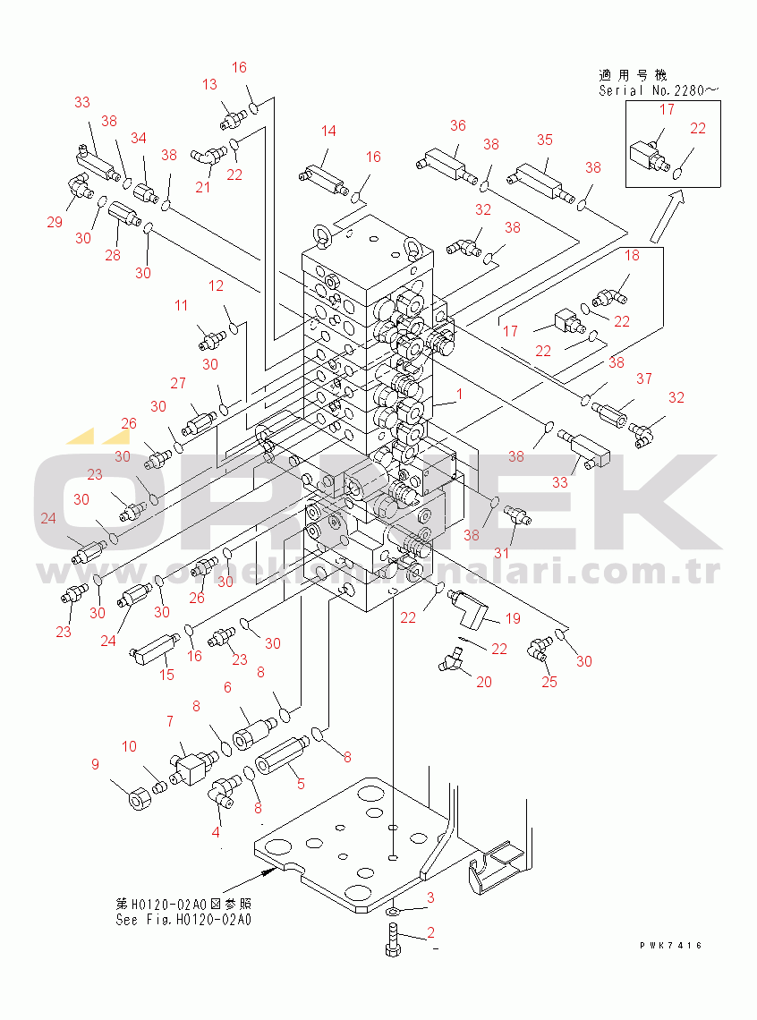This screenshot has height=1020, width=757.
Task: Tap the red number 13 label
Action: click(x=209, y=85)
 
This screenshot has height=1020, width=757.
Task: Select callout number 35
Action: click(x=545, y=140)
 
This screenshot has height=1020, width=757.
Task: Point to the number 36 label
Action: click(x=458, y=126)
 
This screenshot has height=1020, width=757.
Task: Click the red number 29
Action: click(x=55, y=222)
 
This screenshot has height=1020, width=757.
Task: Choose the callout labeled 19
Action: click(x=513, y=618)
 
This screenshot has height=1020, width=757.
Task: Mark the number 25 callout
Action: click(x=549, y=682)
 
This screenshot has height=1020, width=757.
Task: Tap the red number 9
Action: click(x=95, y=764)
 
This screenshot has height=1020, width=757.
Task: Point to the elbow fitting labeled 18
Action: click(x=612, y=292)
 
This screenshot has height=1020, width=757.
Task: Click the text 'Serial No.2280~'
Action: click(x=659, y=90)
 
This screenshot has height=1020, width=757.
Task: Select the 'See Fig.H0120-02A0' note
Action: click(x=183, y=919)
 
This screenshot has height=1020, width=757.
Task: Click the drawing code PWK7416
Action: click(x=670, y=946)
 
